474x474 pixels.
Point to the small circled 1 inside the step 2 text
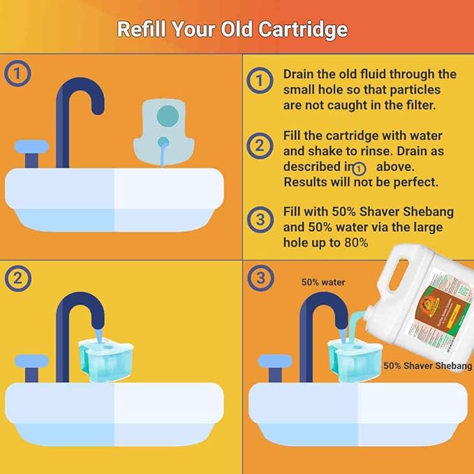360,168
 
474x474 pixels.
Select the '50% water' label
323,283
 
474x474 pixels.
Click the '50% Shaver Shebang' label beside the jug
427,366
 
